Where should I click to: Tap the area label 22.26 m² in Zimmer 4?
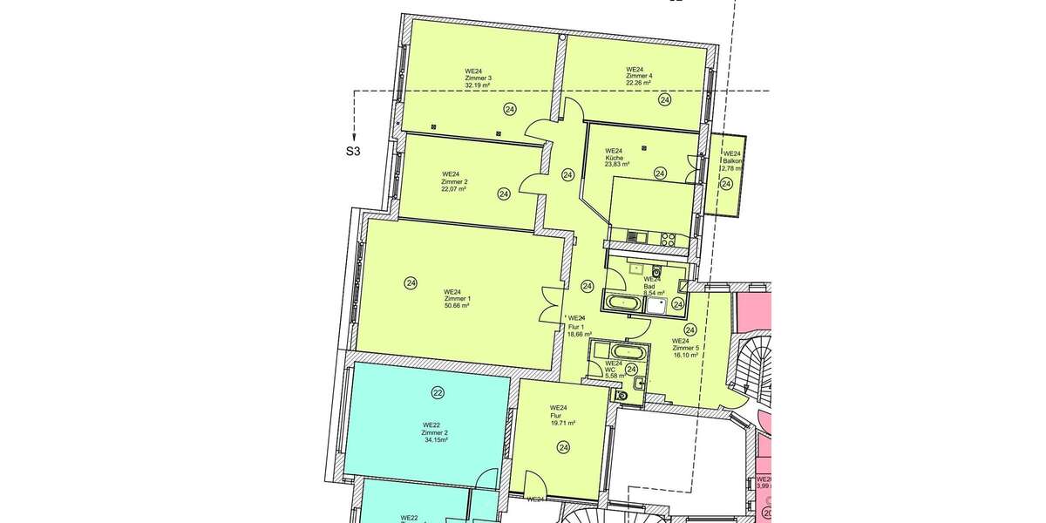(x=638, y=84)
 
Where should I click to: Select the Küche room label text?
(x=614, y=157)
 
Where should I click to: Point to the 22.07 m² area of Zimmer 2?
(x=453, y=189)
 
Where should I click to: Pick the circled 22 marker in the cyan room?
(x=438, y=393)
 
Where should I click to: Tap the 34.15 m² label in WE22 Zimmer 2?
(x=435, y=441)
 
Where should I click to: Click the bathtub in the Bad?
(x=623, y=303)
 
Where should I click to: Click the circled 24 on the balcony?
(x=726, y=184)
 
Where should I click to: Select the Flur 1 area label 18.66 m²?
(x=579, y=334)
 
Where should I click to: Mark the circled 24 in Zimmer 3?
(x=509, y=109)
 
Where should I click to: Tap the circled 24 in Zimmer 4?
(x=665, y=100)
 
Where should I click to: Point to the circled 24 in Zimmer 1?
(x=411, y=282)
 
